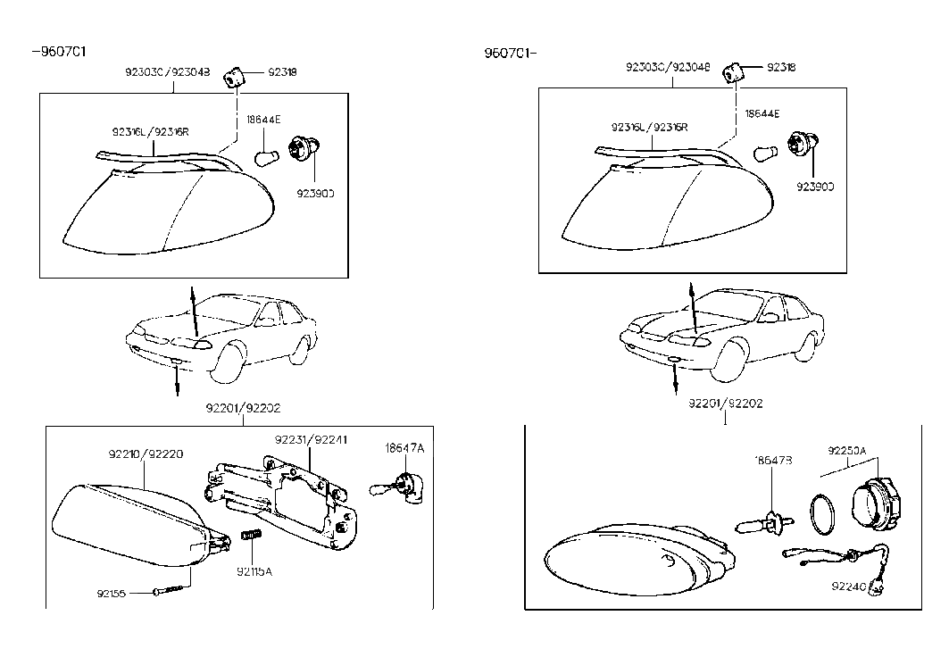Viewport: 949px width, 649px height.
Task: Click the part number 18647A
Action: coord(404,447)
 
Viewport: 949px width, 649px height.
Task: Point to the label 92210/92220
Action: coord(146,453)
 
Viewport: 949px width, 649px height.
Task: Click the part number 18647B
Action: coord(773,460)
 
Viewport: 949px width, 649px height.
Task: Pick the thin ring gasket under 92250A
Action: coord(824,513)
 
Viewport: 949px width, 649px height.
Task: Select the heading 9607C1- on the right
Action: coord(510,53)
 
